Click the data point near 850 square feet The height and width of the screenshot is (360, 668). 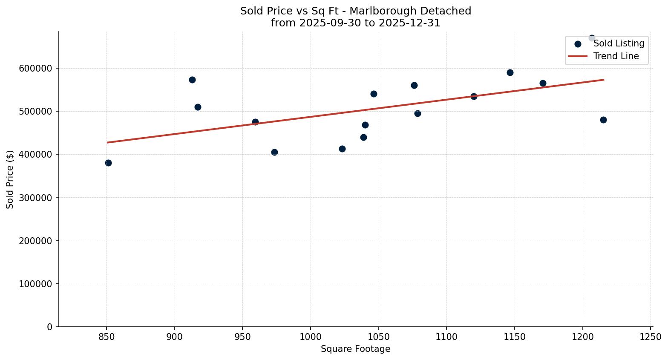[x=108, y=163]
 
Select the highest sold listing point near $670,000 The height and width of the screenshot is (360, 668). [x=592, y=38]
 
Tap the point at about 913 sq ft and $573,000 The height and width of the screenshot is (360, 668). [x=192, y=80]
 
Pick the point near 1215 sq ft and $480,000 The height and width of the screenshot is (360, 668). [x=603, y=120]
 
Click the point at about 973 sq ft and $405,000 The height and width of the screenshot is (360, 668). [x=274, y=152]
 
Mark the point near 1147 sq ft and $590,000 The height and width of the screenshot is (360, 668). [x=510, y=72]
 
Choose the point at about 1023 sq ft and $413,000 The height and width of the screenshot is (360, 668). [x=342, y=149]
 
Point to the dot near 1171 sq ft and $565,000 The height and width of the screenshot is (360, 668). [x=543, y=83]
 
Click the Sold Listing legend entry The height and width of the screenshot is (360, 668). [x=619, y=43]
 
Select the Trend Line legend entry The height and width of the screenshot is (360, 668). [x=616, y=56]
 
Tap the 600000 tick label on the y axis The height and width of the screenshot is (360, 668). [x=36, y=68]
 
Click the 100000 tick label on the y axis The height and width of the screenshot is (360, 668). [x=36, y=284]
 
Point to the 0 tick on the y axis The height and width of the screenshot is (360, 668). [x=50, y=327]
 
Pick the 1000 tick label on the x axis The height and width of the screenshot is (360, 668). [x=311, y=337]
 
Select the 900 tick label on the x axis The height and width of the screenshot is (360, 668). [x=175, y=337]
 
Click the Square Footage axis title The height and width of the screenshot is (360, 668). [x=355, y=349]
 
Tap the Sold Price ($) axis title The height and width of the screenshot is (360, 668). [x=10, y=179]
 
